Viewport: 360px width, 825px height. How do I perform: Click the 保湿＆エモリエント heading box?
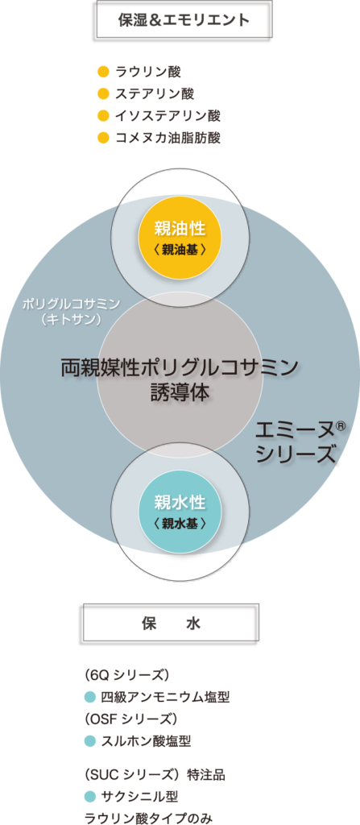184,20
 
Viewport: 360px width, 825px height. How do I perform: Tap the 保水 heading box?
171,624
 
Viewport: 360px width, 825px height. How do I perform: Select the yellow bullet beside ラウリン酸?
104,71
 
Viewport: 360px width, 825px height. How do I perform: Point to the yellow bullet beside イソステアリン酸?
104,115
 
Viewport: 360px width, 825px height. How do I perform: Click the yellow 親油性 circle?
180,238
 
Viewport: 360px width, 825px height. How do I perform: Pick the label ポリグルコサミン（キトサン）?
71,312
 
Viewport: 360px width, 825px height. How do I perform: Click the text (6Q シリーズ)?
126,675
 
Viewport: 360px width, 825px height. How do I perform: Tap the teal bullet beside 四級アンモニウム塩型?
90,698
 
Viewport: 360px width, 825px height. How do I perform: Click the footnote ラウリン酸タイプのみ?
150,818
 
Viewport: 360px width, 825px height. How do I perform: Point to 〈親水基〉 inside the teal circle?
180,524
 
